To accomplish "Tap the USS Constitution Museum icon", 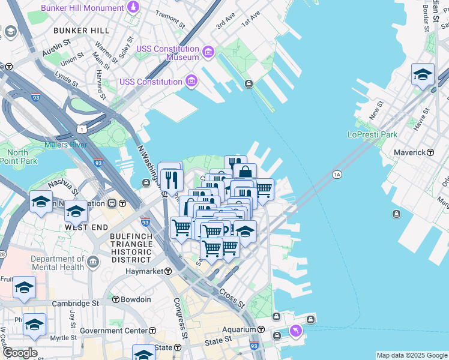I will pyautogui.click(x=208, y=53).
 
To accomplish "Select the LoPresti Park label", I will pyautogui.click(x=373, y=134).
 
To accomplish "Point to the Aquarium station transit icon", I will pyautogui.click(x=261, y=329).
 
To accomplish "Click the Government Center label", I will pyautogui.click(x=113, y=331).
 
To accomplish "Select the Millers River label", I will pyautogui.click(x=66, y=145).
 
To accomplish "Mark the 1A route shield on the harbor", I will pyautogui.click(x=337, y=175).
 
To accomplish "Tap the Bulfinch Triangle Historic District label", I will pyautogui.click(x=131, y=248).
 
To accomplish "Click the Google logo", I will pyautogui.click(x=19, y=353).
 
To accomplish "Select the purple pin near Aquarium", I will pyautogui.click(x=295, y=331).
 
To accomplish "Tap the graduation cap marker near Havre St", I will pyautogui.click(x=423, y=74).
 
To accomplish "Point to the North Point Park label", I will pyautogui.click(x=18, y=157).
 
